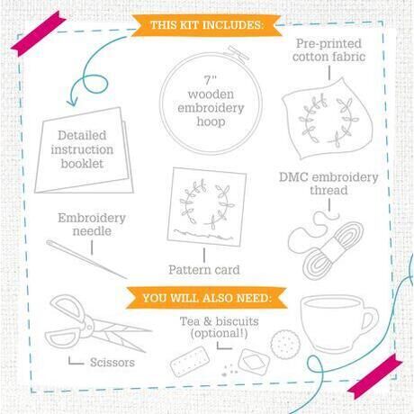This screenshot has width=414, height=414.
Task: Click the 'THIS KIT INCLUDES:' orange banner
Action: (206, 25)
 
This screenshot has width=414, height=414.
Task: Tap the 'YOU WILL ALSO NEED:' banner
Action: (207, 298)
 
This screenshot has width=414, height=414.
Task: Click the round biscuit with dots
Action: (284, 344)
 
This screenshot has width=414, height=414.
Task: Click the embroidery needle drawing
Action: (86, 259)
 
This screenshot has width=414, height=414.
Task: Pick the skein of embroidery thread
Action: (327, 245)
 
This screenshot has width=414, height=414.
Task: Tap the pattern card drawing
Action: (207, 207)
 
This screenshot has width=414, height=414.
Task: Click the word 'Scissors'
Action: (112, 363)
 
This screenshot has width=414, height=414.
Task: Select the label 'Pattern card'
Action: (204, 270)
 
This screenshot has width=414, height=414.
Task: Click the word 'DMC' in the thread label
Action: (293, 177)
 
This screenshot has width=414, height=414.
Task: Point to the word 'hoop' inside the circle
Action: (211, 121)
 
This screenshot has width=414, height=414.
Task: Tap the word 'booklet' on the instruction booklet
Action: (82, 164)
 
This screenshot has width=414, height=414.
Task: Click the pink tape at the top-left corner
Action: (39, 33)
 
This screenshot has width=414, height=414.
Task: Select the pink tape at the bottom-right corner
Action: (374, 376)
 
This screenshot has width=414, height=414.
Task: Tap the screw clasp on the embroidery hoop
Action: (238, 54)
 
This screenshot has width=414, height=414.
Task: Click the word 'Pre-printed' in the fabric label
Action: (328, 44)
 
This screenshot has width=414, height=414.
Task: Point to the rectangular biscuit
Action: (190, 361)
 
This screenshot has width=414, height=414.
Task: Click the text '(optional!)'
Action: (220, 333)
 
